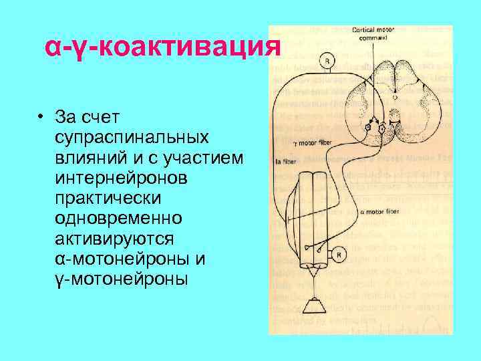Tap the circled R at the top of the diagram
click(x=327, y=62)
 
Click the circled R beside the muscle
click(x=339, y=255)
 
